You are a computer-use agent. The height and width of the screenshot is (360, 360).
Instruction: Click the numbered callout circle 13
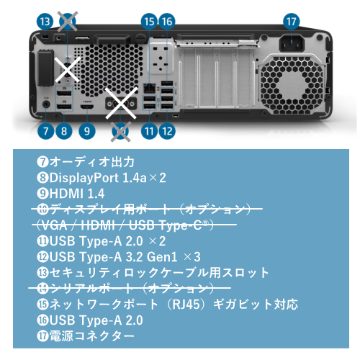tap(45, 22)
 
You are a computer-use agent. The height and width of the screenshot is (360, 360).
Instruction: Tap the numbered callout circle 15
tap(149, 22)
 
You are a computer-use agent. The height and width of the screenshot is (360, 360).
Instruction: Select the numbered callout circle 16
tap(167, 22)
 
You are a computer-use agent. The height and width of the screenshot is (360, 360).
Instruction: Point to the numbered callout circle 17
tap(292, 22)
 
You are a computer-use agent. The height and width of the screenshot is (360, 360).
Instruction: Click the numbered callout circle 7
tap(45, 131)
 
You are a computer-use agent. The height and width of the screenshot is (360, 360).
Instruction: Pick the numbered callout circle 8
tap(64, 131)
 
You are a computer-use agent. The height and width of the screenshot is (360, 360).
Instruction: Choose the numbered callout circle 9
tap(87, 131)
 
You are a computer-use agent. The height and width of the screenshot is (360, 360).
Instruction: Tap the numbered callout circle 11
tap(149, 131)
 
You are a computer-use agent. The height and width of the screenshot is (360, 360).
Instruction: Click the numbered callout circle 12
tap(167, 131)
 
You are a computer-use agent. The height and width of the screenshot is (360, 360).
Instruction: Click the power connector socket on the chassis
tap(292, 43)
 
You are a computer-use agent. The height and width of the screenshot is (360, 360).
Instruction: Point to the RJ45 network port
tap(149, 88)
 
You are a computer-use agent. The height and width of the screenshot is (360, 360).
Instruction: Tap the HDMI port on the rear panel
tap(87, 107)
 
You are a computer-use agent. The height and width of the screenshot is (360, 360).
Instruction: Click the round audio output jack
tap(46, 104)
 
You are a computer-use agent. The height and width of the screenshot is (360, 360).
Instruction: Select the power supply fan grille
tap(292, 86)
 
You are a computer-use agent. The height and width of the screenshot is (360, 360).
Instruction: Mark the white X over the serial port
tap(68, 69)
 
